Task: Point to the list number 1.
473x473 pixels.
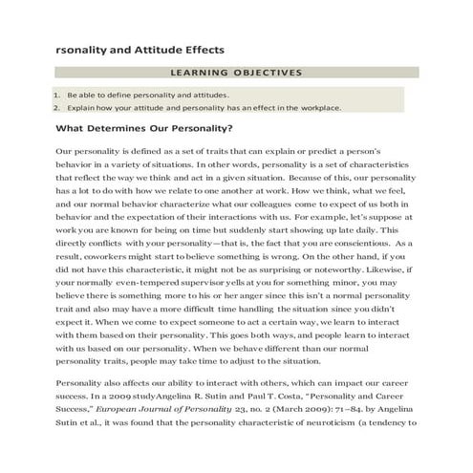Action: pos(56,95)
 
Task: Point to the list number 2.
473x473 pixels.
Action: pos(56,108)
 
